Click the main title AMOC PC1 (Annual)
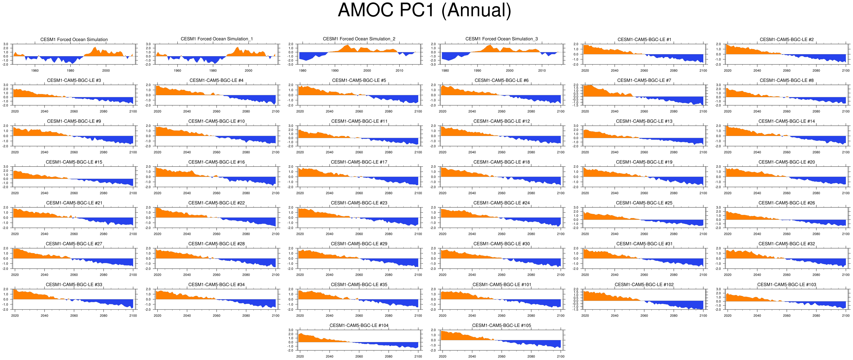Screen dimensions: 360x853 tap(424, 10)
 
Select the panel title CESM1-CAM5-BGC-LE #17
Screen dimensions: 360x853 tap(359, 162)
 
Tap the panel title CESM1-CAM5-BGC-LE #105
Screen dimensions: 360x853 tap(501, 325)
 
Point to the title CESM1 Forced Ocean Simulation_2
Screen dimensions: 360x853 tap(359, 39)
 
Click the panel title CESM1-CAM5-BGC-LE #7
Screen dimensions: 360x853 tap(644, 80)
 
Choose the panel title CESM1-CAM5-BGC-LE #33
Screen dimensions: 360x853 tap(74, 284)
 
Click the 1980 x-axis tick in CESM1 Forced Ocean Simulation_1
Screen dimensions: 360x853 tap(213, 70)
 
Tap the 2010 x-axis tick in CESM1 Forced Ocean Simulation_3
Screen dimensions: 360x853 tap(542, 70)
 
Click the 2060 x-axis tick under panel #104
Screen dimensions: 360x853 tap(359, 356)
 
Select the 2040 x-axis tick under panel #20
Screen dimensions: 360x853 tap(757, 193)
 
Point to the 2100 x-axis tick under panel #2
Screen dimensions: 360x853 tap(846, 70)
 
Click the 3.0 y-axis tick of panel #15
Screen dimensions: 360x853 tap(6, 166)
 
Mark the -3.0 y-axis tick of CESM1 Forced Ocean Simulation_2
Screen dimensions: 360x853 tap(291, 65)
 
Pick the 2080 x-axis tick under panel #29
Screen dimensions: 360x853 tap(388, 274)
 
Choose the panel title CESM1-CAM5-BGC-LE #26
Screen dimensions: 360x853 tap(787, 203)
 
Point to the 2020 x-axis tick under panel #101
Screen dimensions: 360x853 tap(442, 316)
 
